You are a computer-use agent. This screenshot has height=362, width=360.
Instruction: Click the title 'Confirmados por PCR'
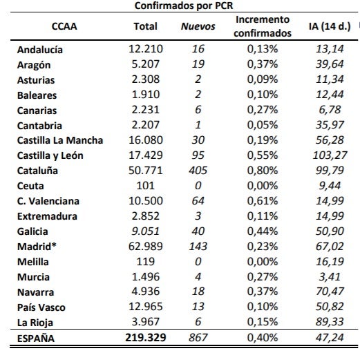tap(184, 6)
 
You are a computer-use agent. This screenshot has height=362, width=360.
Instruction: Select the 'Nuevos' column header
tap(198, 26)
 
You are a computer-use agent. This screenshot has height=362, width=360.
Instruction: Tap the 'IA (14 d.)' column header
tap(330, 26)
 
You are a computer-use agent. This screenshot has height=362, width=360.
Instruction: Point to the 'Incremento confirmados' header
tap(263, 26)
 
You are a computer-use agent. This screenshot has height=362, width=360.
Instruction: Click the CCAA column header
tap(64, 26)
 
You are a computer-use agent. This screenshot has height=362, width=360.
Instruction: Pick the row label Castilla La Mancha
tap(60, 140)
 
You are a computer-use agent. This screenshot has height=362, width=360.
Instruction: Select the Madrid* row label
tap(37, 247)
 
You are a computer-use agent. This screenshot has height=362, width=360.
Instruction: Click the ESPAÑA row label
tap(36, 339)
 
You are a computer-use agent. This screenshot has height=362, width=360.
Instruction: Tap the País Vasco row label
tap(41, 307)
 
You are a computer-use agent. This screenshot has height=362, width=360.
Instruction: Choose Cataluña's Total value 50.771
tap(146, 171)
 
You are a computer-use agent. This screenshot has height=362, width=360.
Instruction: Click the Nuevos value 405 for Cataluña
tap(198, 171)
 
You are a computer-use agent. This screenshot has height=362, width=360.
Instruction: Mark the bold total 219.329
tap(146, 338)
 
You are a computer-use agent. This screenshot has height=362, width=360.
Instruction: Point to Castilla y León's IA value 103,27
tap(330, 155)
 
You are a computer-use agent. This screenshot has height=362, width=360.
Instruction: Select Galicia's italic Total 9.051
tap(146, 231)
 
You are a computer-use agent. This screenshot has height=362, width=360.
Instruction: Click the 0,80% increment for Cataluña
tap(263, 171)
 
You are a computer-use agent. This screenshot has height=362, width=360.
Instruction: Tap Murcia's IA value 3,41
tap(330, 277)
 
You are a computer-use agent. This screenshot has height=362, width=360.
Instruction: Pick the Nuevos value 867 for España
tap(198, 338)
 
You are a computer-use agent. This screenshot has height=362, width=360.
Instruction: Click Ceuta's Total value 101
tap(146, 186)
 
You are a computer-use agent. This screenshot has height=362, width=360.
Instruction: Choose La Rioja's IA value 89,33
tap(330, 322)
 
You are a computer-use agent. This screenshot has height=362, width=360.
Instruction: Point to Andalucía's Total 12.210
tap(146, 49)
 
